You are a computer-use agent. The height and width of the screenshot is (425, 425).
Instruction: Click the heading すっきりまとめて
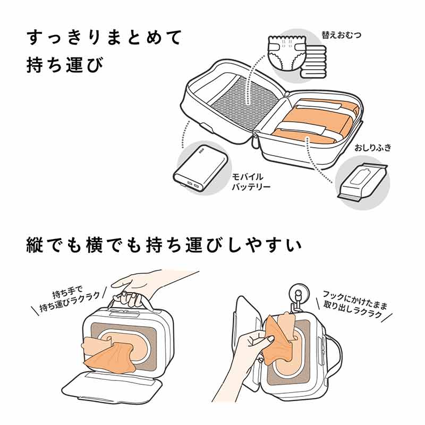pyautogui.click(x=104, y=38)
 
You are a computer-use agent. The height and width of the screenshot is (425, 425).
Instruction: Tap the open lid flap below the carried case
pyautogui.click(x=114, y=390)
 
